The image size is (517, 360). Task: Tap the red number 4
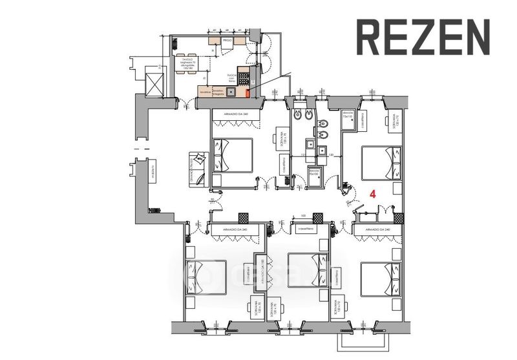[x=372, y=193]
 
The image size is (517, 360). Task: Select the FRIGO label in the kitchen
[x=227, y=40]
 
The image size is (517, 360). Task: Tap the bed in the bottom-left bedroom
[x=206, y=276]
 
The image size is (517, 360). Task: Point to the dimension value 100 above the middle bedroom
[x=302, y=215]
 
